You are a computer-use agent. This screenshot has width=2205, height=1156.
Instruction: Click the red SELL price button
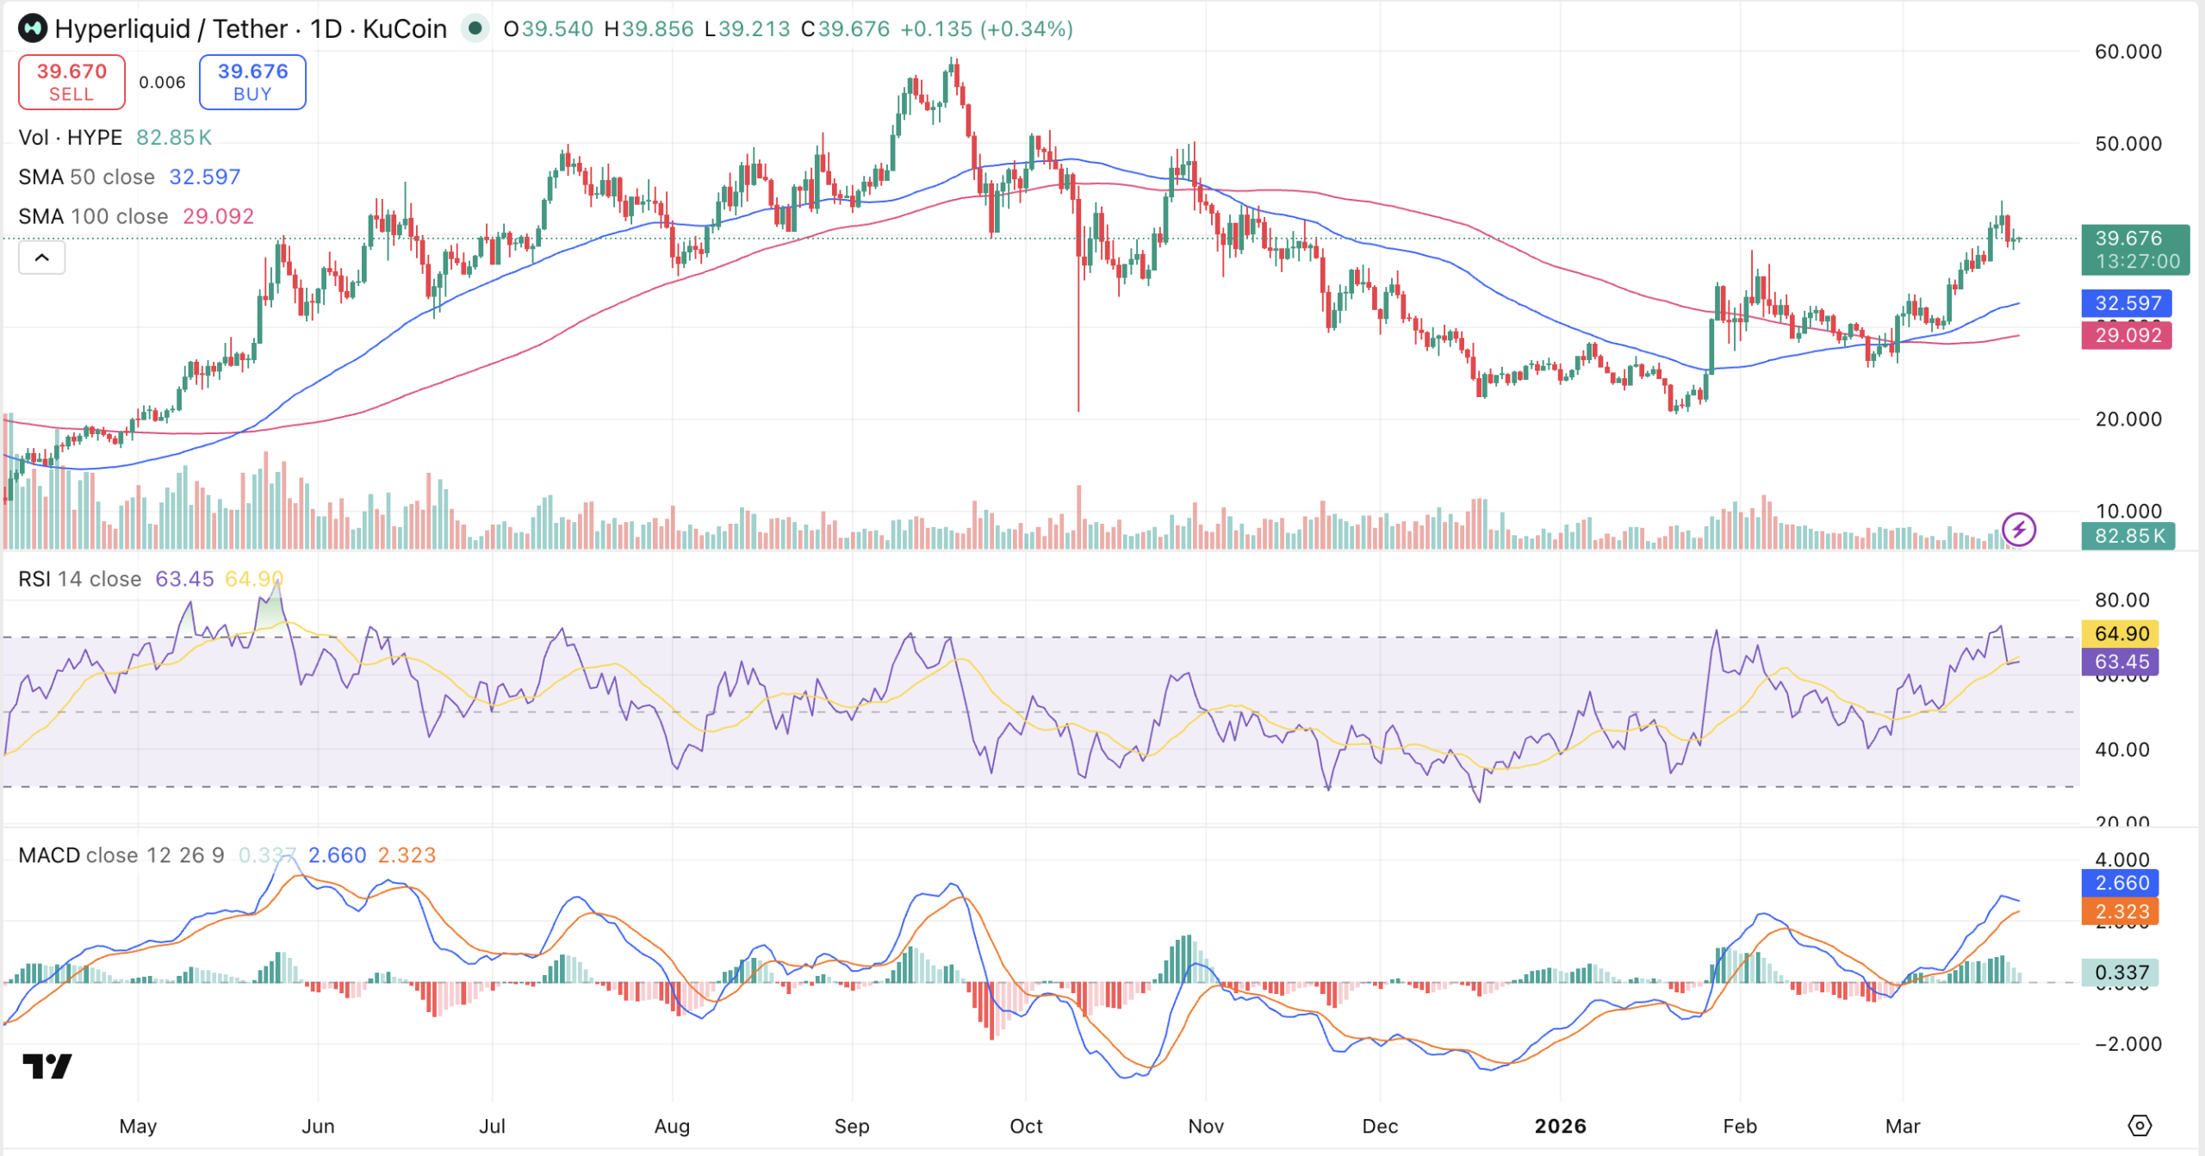tap(71, 82)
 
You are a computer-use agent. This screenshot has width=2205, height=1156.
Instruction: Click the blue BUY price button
tap(252, 82)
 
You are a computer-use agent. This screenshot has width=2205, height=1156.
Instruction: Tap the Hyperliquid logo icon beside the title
tap(33, 28)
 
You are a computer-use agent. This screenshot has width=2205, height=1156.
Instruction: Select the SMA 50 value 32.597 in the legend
tap(204, 177)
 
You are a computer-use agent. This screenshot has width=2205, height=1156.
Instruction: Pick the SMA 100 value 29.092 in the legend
tap(218, 216)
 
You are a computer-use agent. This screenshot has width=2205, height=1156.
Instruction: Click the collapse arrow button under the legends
tap(41, 258)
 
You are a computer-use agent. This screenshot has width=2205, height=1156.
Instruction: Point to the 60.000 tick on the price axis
tap(2127, 52)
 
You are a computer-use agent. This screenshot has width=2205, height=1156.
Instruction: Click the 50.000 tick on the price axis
tap(2127, 144)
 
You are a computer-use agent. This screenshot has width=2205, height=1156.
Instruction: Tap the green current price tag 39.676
tap(2134, 249)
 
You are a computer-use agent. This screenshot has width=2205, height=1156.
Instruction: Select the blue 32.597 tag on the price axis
tap(2127, 303)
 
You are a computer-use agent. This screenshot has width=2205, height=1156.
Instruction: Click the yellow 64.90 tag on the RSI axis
tap(2121, 633)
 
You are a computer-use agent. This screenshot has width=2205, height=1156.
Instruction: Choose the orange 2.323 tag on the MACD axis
tap(2121, 911)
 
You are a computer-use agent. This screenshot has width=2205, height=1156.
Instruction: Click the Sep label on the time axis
tap(852, 1126)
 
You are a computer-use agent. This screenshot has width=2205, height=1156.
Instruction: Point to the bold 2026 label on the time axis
tap(1560, 1126)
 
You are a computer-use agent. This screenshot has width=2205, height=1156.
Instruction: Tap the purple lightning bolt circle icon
tap(2019, 529)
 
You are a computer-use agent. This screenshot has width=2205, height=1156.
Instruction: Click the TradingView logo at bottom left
tap(47, 1066)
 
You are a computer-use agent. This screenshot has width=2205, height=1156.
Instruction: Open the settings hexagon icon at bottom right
tap(2140, 1125)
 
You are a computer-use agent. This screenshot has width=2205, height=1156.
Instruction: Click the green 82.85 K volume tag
tap(2128, 536)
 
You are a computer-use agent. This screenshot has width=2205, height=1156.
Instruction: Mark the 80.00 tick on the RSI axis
tap(2121, 600)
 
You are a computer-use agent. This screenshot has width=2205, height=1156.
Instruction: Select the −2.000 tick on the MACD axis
tap(2127, 1044)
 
